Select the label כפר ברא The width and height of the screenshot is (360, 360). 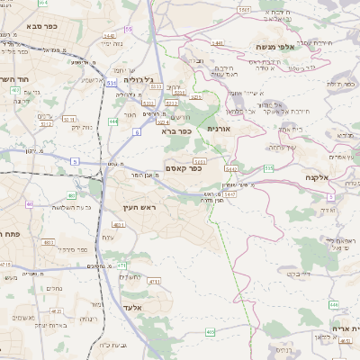coord(176,130)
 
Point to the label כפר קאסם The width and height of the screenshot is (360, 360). coord(183,169)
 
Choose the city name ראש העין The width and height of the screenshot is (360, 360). coord(139,208)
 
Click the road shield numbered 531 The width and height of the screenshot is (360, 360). coord(111,84)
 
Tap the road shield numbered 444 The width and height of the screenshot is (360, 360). coord(113,121)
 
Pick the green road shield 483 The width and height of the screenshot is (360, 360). coord(72,194)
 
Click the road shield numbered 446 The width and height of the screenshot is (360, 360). coord(334,305)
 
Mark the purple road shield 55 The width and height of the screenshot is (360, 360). coord(129,30)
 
